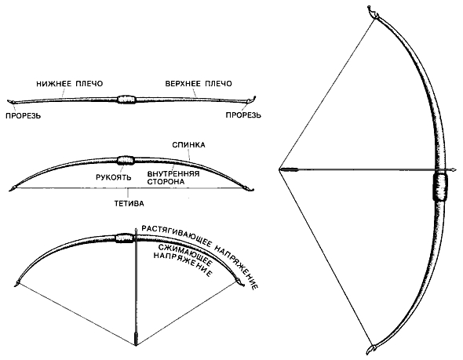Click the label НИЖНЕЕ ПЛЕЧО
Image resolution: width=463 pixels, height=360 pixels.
[70, 84]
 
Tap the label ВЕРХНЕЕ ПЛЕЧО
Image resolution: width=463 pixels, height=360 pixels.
[199, 84]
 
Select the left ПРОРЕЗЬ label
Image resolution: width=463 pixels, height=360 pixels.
[24, 115]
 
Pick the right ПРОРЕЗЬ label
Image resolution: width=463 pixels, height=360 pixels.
[243, 115]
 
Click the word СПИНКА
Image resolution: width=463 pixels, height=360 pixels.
[188, 145]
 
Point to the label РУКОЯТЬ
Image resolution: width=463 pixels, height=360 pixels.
[114, 177]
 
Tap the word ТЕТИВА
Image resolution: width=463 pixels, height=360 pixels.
[129, 204]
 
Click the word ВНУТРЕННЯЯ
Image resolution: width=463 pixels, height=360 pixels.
[173, 174]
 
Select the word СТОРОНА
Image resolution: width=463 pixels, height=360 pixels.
[166, 181]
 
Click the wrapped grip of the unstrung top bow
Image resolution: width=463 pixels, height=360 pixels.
[126, 99]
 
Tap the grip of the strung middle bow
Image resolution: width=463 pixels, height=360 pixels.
[126, 161]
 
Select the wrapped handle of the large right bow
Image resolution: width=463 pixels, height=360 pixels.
[440, 187]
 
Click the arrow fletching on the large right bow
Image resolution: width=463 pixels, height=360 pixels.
[290, 169]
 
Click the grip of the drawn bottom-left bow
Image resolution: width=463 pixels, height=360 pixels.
[126, 238]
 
